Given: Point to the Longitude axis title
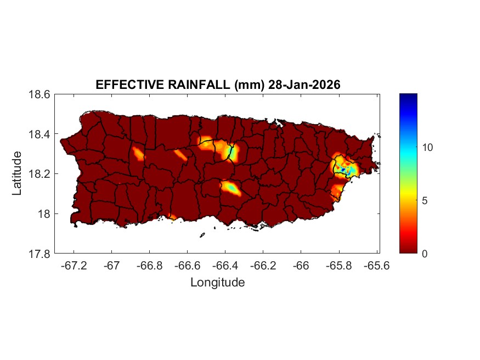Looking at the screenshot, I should pos(217,283).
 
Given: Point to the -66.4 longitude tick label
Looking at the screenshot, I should pos(225,266).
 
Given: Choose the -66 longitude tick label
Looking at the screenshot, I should pos(301,266).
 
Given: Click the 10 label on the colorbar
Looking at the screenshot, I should pos(428,148).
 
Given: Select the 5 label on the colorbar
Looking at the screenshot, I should pos(426,200).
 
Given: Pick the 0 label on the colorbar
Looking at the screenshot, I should pos(426,254).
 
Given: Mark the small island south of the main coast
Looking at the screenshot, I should pos(202,235).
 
